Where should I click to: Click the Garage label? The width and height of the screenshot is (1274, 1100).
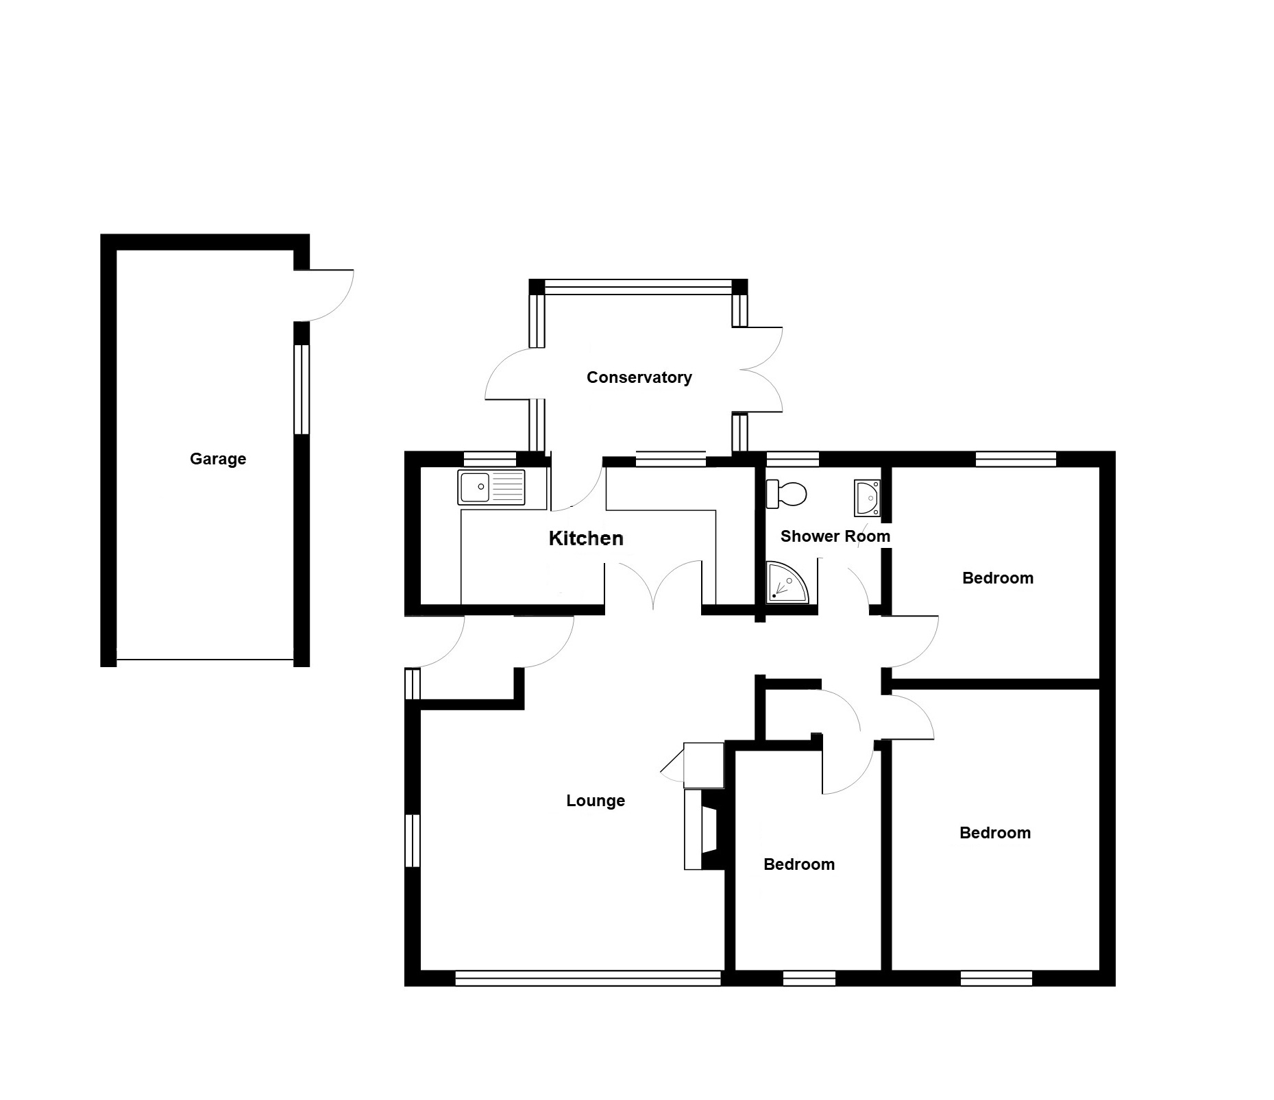tap(218, 459)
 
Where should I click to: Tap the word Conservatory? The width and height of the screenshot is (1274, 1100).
tap(639, 377)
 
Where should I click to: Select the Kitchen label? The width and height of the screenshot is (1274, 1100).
tap(586, 538)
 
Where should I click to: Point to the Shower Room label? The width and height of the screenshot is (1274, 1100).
tap(835, 536)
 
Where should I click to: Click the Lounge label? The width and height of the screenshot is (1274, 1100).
tap(596, 801)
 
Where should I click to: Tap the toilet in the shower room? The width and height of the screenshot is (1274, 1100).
tap(787, 494)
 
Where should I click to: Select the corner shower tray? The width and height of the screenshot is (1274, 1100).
tap(787, 583)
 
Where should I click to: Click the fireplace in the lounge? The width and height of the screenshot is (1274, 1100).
tap(704, 829)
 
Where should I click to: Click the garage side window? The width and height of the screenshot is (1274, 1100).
tap(302, 389)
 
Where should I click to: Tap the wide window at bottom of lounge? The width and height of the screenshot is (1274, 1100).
tap(588, 978)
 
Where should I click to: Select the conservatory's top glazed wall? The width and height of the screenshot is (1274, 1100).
tap(639, 287)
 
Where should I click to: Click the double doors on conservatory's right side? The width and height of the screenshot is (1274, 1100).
tap(761, 370)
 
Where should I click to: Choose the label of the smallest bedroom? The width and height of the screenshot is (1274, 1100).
tap(799, 864)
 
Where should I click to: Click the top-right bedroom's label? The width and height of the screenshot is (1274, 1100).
tap(998, 578)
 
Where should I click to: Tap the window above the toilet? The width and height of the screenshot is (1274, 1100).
tap(792, 459)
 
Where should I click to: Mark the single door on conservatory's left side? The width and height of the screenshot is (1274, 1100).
tap(511, 373)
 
